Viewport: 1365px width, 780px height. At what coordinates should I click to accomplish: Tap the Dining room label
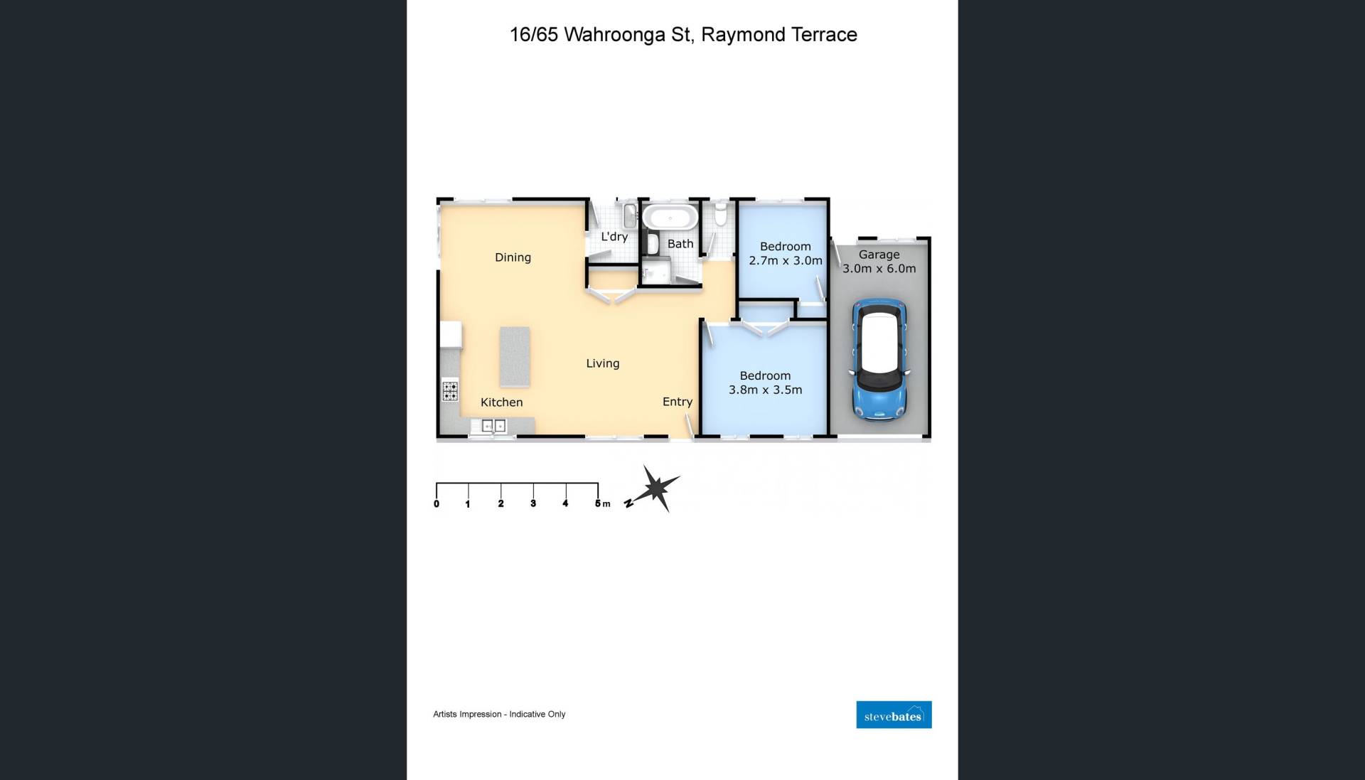point(513,257)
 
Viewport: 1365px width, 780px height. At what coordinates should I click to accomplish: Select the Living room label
point(603,363)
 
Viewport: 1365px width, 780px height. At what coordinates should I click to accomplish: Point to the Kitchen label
point(501,402)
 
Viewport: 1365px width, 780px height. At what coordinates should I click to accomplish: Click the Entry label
point(678,402)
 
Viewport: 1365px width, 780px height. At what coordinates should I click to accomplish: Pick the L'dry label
point(614,237)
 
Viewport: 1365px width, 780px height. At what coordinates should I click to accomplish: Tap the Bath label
point(680,244)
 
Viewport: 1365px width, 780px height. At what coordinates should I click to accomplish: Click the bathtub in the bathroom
point(670,218)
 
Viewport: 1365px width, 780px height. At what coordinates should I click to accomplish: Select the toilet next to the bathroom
point(720,213)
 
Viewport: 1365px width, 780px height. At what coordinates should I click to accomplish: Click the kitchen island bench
point(515,357)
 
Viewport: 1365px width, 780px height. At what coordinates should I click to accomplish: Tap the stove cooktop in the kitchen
point(450,391)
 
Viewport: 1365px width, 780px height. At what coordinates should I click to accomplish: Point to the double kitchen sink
point(493,426)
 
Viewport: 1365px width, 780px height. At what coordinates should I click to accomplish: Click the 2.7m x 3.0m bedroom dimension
point(786,261)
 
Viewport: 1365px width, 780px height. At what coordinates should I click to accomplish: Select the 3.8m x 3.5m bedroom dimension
point(765,390)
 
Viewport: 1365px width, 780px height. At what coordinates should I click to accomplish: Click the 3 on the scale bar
point(533,503)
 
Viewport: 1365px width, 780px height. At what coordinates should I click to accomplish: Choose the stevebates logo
point(894,715)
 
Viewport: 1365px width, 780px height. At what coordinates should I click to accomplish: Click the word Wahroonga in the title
point(615,35)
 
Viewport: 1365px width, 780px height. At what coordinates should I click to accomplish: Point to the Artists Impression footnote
point(499,714)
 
